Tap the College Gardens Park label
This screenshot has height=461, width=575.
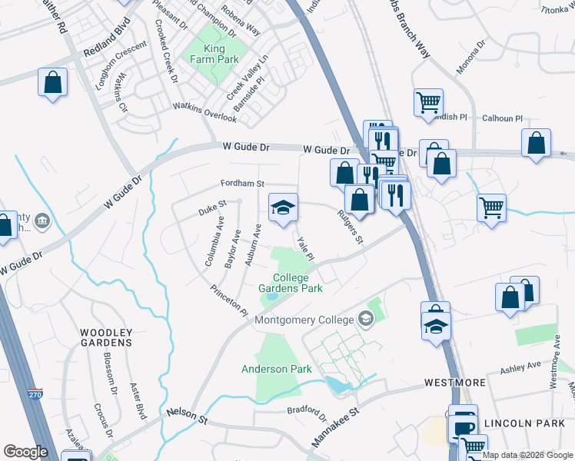289,283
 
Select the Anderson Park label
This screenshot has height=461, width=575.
277,369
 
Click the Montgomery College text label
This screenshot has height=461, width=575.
304,320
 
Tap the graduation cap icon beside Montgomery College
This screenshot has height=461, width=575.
366,320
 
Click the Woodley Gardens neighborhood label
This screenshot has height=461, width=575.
106,337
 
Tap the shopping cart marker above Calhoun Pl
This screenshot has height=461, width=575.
428,102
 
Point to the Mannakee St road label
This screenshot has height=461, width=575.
336,429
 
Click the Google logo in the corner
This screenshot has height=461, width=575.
25,452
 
